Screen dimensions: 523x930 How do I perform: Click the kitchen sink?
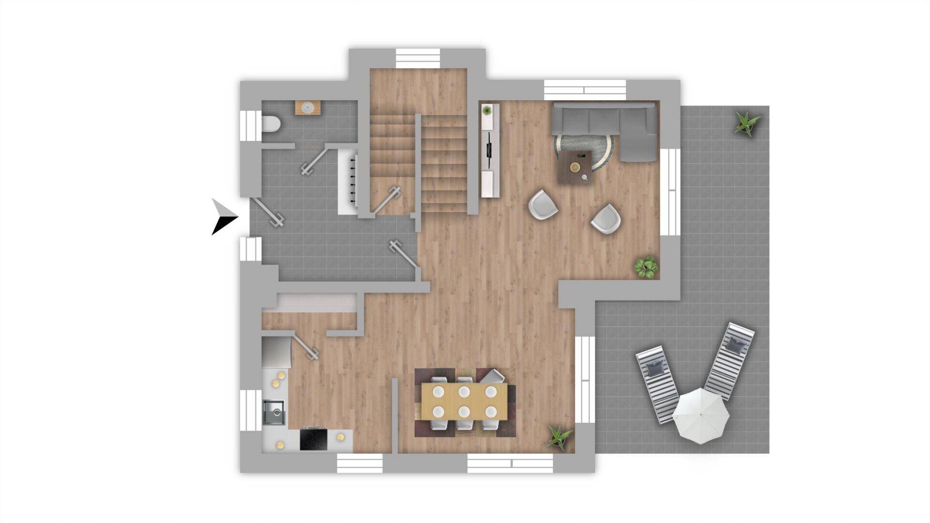[274, 413]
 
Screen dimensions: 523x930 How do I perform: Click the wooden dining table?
[464, 401]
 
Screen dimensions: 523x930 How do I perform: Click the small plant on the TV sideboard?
[487, 111]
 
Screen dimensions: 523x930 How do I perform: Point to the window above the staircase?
[418, 58]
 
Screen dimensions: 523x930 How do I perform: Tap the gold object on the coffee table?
[575, 168]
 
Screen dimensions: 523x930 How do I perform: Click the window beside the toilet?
[251, 126]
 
